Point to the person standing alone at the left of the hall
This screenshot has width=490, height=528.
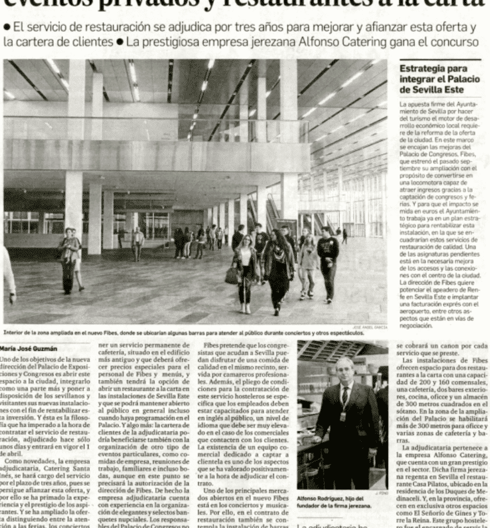69,258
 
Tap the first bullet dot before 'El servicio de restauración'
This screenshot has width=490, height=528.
6,27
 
